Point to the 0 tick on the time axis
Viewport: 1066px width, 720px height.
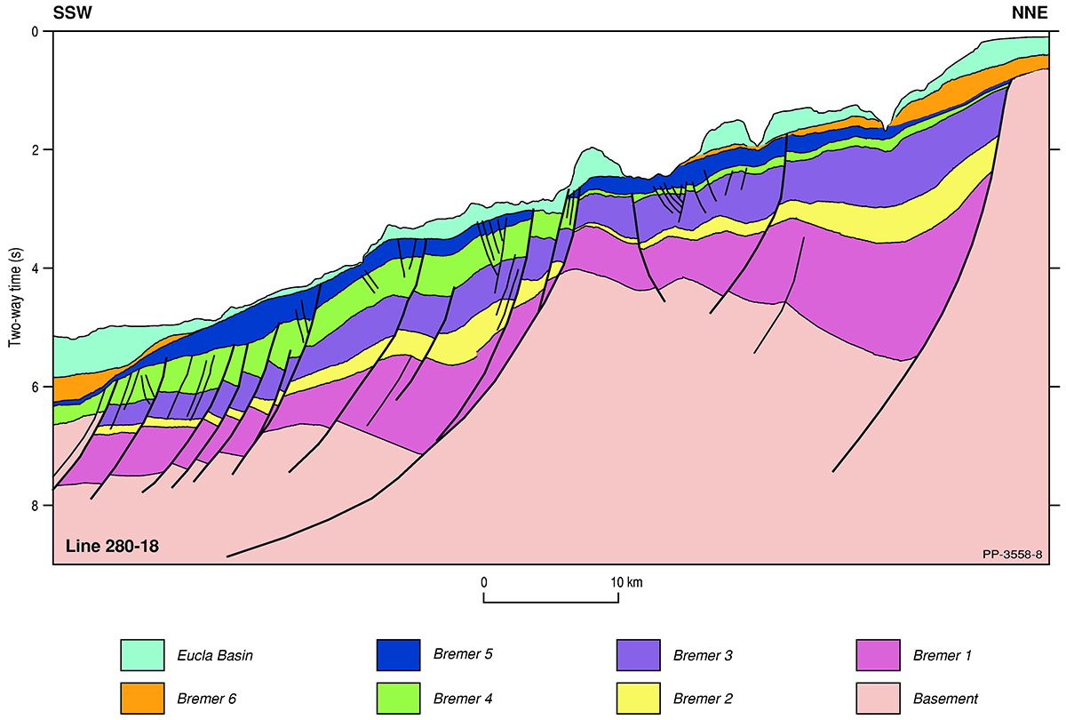pyautogui.click(x=36, y=32)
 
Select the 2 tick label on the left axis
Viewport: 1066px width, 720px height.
pyautogui.click(x=36, y=150)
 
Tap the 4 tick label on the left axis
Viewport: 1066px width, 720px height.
pyautogui.click(x=36, y=268)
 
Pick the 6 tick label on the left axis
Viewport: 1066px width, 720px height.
pyautogui.click(x=36, y=387)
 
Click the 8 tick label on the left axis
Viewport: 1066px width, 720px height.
pyautogui.click(x=36, y=506)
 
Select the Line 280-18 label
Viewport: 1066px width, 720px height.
pyautogui.click(x=112, y=545)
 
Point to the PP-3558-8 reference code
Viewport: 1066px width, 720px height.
pyautogui.click(x=1012, y=554)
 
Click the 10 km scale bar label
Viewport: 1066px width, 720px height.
pyautogui.click(x=626, y=582)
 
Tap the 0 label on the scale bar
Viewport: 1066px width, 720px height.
pyautogui.click(x=484, y=582)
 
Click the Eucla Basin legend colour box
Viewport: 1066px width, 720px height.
pyautogui.click(x=142, y=655)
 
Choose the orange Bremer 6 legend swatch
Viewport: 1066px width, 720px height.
pyautogui.click(x=142, y=698)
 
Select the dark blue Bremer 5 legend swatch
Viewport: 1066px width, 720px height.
pyautogui.click(x=398, y=655)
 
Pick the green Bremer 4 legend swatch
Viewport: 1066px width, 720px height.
pyautogui.click(x=398, y=698)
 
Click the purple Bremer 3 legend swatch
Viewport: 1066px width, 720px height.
pyautogui.click(x=638, y=655)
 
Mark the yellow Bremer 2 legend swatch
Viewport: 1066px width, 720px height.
pyautogui.click(x=638, y=698)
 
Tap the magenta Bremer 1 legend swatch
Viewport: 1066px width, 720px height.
pyautogui.click(x=879, y=655)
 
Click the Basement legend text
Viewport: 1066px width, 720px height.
pyautogui.click(x=946, y=699)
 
